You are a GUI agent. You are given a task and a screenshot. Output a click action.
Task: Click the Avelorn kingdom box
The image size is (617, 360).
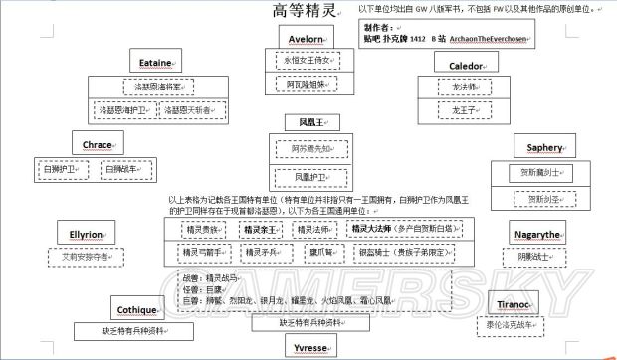(x=306, y=38)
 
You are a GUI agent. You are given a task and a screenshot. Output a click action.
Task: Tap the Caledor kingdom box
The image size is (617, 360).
(x=458, y=63)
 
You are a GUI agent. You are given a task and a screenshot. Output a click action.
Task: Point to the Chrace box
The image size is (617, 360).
(x=98, y=145)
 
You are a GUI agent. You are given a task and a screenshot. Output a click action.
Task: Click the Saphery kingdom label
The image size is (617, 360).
(x=544, y=148)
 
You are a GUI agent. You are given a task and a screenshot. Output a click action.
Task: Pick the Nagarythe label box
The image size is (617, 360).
(x=537, y=234)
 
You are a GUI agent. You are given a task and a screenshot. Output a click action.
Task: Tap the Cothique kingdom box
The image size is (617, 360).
(x=136, y=310)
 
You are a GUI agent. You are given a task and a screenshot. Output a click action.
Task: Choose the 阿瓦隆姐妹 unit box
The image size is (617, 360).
(x=306, y=84)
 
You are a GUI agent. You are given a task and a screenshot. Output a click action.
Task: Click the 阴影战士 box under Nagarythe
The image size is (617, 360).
(x=537, y=257)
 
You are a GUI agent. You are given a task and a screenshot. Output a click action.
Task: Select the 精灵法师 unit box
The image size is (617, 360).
(x=313, y=230)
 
